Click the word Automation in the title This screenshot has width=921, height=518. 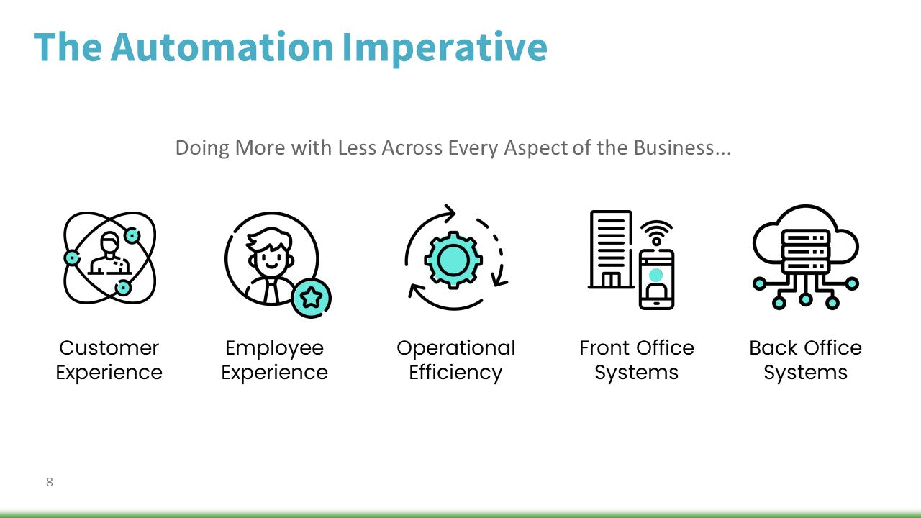[222, 47]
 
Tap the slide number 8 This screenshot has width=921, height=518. [50, 482]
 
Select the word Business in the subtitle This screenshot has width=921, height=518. [681, 148]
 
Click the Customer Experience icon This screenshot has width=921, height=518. [109, 258]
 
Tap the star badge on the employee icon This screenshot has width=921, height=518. [311, 297]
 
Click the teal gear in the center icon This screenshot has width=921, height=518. [453, 259]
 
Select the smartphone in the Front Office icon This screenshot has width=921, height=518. [656, 279]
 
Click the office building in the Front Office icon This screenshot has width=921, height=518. [611, 249]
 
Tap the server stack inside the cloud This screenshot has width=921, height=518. [805, 250]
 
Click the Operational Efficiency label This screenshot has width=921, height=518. [455, 360]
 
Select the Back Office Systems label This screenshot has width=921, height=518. [805, 360]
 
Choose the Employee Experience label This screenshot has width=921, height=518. [274, 360]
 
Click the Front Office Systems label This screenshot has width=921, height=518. [637, 360]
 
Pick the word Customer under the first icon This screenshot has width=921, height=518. [109, 348]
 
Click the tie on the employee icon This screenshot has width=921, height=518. [270, 291]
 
